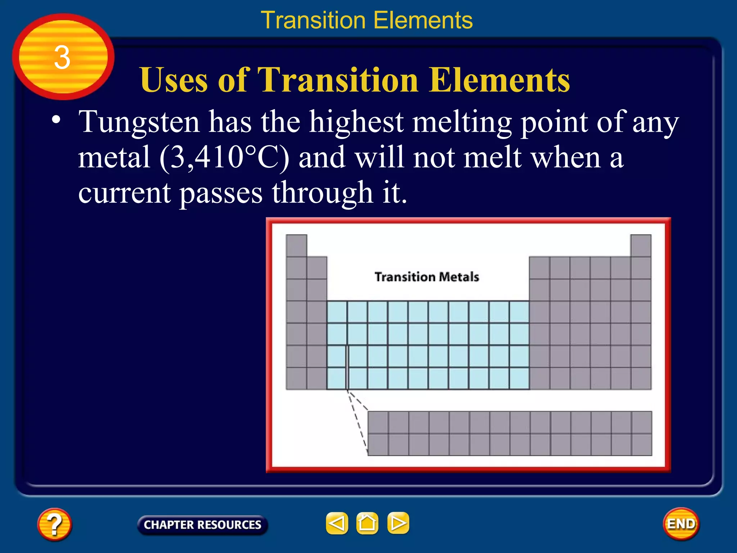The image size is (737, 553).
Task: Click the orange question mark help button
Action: (x=54, y=524)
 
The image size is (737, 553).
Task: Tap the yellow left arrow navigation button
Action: (x=337, y=523)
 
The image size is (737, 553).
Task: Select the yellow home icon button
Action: (x=367, y=523)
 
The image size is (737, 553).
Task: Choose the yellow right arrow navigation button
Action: (x=398, y=523)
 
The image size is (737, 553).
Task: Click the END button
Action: (x=681, y=524)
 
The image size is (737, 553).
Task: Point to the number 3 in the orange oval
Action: (x=62, y=58)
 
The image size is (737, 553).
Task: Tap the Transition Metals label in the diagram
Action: (x=427, y=277)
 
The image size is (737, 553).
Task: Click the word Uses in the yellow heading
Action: (x=173, y=80)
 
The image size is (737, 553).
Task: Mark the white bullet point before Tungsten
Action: (x=56, y=120)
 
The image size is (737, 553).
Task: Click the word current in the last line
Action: (x=124, y=193)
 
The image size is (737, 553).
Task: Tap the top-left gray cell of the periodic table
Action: (x=297, y=246)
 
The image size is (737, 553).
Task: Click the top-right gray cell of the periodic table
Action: (x=641, y=246)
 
